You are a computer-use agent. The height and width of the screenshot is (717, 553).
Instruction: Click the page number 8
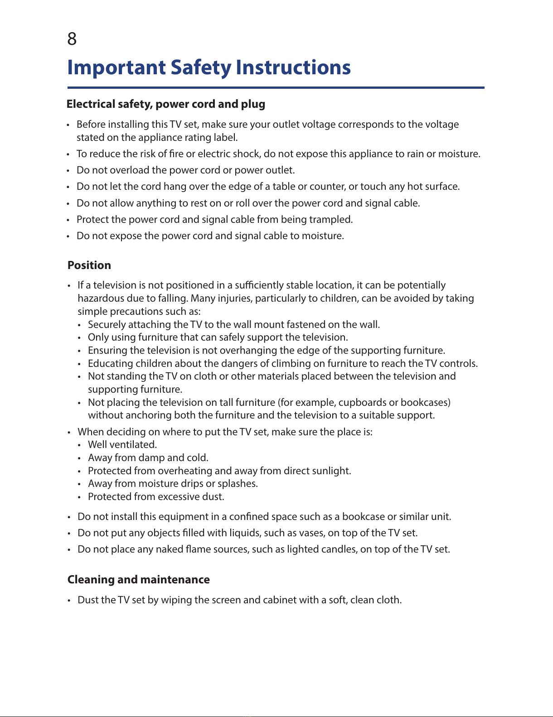[72, 39]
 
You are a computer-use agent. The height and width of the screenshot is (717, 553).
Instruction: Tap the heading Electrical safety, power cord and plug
[166, 104]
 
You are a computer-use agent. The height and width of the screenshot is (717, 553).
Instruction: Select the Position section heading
[89, 265]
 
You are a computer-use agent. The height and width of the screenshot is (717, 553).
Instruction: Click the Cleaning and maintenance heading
[139, 579]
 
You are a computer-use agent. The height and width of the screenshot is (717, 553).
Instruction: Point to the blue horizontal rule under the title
[276, 87]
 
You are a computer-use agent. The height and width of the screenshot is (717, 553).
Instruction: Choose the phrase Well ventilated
[122, 444]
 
